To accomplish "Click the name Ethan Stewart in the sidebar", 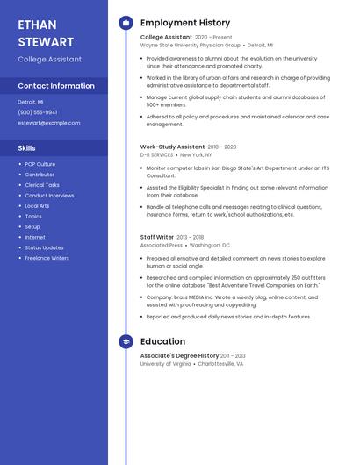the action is coord(46,33).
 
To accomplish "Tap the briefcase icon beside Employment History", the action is coord(126,23).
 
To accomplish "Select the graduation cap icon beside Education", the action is coord(126,341).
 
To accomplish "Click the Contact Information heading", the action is coord(56,86).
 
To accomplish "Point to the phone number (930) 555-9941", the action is coord(37,112).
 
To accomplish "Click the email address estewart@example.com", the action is coord(48,123).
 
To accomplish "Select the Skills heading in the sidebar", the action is coord(27,148).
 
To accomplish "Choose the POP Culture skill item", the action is coord(40,164).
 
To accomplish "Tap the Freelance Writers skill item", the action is coord(47,258).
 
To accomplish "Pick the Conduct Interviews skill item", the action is coord(49,196).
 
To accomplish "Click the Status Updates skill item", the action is coord(44,247).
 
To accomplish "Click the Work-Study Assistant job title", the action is coord(172,147).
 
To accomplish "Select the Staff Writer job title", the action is coord(157,237).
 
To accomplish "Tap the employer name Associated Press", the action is coord(162,246).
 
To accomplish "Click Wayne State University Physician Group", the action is coord(190,45).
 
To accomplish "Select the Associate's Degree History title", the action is coord(179,355).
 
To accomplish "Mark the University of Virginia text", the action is coord(165,363).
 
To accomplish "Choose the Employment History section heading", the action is coord(185,23).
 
